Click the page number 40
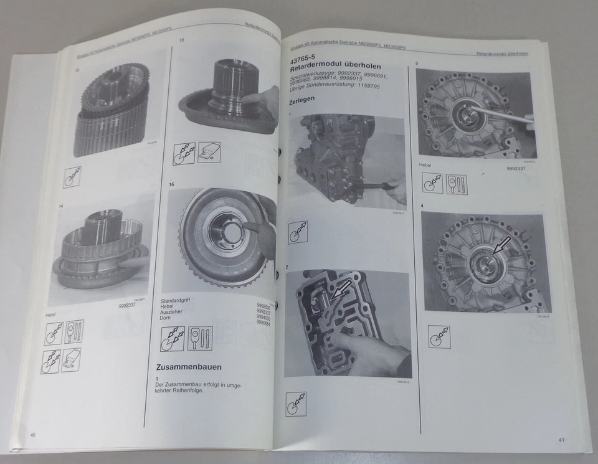point(32,433)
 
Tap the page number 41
point(561,440)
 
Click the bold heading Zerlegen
point(302,100)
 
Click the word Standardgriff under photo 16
point(176,300)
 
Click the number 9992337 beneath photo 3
point(520,168)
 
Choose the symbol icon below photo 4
point(439,336)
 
